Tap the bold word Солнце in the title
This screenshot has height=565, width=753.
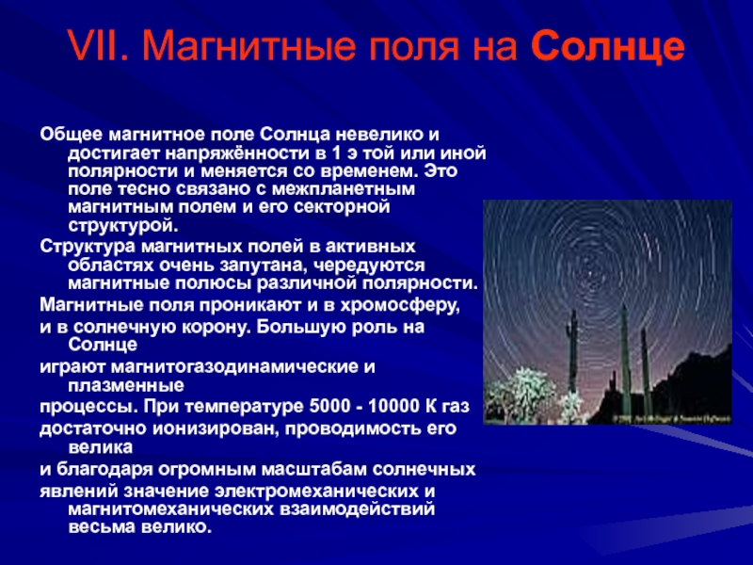coord(607,45)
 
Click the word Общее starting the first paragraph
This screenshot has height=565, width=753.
coord(72,134)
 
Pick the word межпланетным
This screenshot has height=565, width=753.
coord(344,189)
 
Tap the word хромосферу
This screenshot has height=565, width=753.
coord(400,305)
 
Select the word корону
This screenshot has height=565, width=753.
coord(214,327)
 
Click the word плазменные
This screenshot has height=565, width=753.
coord(126,385)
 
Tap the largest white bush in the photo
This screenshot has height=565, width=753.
coord(521,395)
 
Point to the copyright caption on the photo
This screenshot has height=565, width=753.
coord(671,419)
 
